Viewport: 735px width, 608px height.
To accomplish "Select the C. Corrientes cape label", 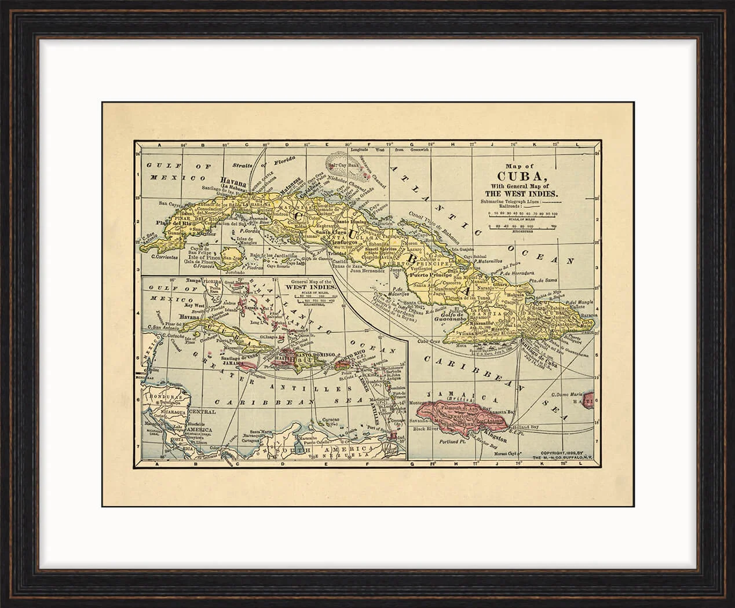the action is pos(164,257).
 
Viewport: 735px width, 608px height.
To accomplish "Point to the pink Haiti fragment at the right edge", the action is pos(590,400).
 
